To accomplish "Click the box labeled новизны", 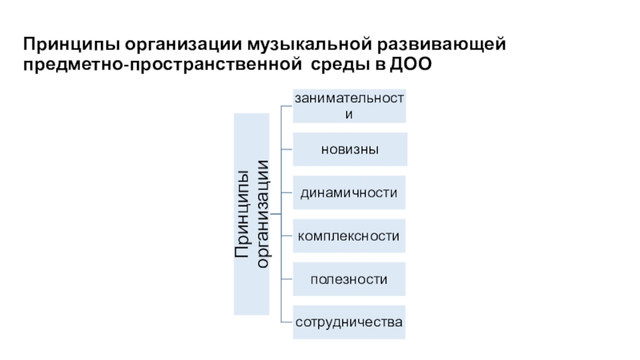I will coord(350,150).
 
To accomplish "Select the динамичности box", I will coord(350,193).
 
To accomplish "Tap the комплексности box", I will coord(350,236).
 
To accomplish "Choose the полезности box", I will coord(350,279).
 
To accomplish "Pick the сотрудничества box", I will coord(350,322).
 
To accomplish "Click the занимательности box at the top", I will coord(350,106).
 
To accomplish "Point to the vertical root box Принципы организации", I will coord(251,214).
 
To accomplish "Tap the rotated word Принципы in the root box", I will coord(242,214).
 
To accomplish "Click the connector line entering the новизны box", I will coord(286,150).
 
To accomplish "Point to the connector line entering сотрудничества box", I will coord(286,322).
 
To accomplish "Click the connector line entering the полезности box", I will coord(286,279).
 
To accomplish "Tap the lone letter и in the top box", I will coord(350,114).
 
